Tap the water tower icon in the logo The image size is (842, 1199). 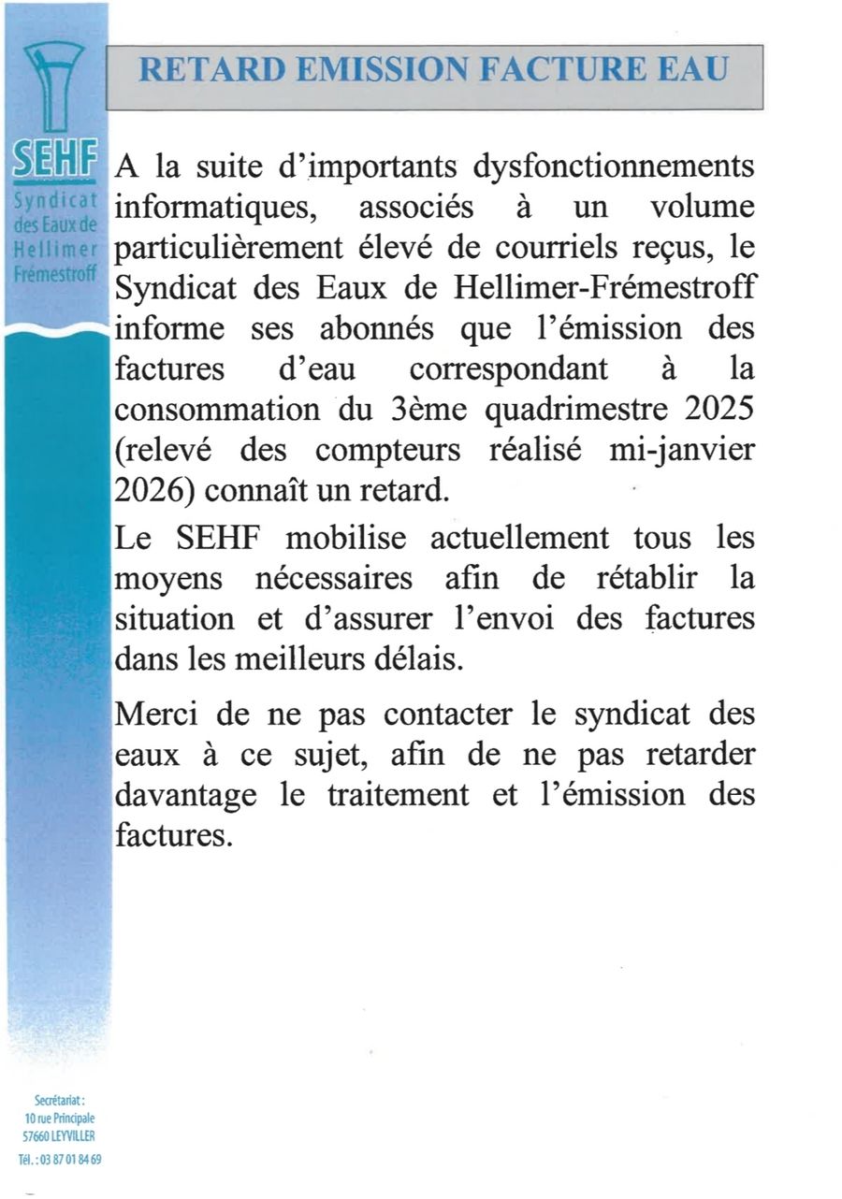coord(53,89)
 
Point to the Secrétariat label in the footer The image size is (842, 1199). coord(59,1102)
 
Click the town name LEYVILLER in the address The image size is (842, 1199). coord(73,1135)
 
